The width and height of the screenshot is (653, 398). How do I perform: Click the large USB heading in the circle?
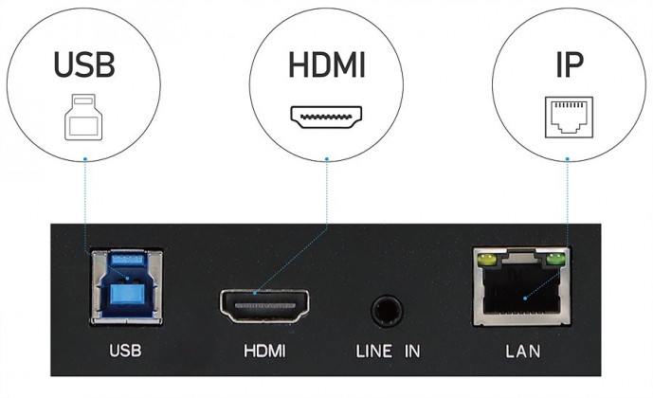click(84, 65)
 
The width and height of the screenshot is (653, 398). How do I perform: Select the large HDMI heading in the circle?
click(327, 65)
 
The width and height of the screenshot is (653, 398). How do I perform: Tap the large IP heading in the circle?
click(570, 65)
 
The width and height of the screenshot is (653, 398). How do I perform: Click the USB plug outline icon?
click(83, 118)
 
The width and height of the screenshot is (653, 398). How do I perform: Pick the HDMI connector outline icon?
click(326, 117)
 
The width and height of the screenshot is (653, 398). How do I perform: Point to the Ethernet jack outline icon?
click(569, 118)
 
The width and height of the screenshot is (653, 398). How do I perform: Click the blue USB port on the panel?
click(127, 287)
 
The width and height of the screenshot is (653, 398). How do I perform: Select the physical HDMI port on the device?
click(264, 306)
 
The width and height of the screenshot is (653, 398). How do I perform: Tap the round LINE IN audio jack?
click(387, 311)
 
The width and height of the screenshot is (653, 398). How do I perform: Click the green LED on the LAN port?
click(555, 261)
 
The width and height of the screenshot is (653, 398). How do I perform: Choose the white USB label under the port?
click(125, 351)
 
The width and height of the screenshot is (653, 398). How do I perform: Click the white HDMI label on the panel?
click(264, 351)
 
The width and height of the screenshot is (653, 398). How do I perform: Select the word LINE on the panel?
click(374, 351)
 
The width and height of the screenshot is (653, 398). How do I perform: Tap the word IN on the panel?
click(412, 351)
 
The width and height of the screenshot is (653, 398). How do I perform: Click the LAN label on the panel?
click(522, 351)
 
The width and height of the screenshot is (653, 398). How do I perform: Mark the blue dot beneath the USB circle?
click(85, 158)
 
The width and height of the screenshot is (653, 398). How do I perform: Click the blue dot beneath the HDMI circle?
click(327, 158)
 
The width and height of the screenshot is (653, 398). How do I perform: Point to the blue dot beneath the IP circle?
click(567, 158)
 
